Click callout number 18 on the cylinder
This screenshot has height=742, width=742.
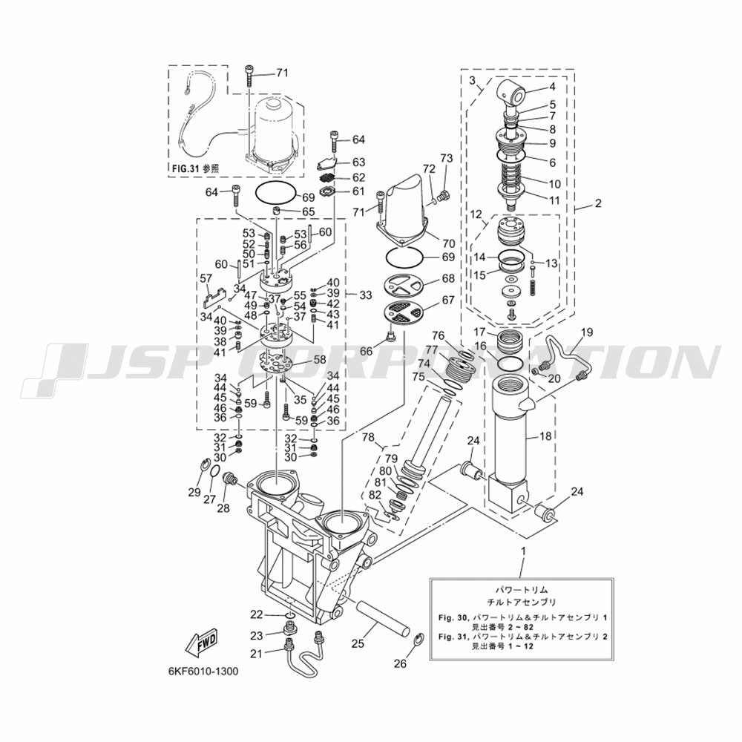point(545,436)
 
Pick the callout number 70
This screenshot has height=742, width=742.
point(449,243)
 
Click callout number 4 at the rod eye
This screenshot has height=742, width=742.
point(552,87)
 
